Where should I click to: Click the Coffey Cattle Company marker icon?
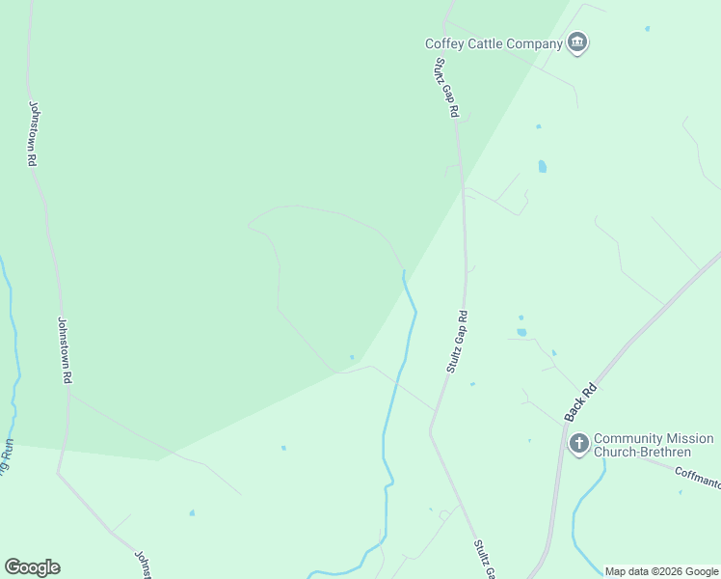pos(577,43)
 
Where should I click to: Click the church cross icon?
pos(578,443)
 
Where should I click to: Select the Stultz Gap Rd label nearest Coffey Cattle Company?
pos(445,88)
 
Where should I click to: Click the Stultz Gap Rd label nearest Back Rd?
pos(457,343)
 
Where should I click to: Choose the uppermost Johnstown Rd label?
pos(32,134)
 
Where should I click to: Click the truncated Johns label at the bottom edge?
pos(143,565)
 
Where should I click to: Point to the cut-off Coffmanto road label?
pos(697,474)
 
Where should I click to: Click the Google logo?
pos(32,567)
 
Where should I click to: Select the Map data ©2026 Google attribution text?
pos(661,571)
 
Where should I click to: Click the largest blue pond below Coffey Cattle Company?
pos(542,166)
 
